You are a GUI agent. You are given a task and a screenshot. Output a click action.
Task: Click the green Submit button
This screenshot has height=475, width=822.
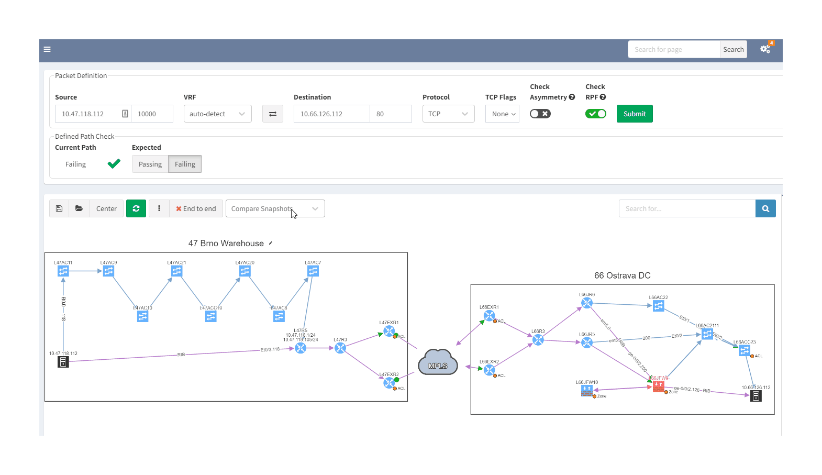tap(634, 114)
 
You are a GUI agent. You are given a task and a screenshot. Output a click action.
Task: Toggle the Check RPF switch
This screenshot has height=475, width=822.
tap(595, 114)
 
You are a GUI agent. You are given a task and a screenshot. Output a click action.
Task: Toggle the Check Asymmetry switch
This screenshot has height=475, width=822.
tap(540, 114)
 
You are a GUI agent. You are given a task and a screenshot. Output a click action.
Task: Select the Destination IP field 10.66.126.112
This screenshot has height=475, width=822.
tap(331, 114)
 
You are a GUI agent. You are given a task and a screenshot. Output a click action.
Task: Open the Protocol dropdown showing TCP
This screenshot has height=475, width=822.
tap(448, 114)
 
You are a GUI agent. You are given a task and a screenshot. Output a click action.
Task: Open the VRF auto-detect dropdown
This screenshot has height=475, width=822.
tap(217, 114)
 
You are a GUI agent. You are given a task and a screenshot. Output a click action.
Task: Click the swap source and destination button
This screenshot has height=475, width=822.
tap(272, 114)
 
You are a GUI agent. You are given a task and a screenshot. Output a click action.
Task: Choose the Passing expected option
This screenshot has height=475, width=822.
tap(150, 164)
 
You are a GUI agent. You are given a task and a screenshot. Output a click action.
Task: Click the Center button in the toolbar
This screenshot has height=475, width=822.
tap(106, 208)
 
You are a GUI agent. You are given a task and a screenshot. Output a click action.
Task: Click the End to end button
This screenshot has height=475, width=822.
tap(196, 208)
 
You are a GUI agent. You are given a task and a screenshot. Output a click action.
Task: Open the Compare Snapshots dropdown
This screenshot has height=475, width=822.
tap(275, 208)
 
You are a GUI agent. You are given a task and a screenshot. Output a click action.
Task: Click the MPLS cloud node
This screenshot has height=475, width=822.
tap(438, 363)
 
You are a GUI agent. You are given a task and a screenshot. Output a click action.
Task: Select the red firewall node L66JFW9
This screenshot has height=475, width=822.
tap(658, 386)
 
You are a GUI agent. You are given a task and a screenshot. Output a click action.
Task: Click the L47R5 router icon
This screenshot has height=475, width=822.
tap(301, 348)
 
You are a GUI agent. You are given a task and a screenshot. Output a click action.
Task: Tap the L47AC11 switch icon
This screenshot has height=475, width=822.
tap(63, 271)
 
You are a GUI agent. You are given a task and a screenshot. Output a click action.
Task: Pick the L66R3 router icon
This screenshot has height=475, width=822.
tap(538, 340)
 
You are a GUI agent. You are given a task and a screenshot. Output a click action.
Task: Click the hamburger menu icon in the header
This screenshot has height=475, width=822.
tap(47, 49)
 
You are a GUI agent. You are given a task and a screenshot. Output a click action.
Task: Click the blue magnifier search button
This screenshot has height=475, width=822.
tap(765, 208)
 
